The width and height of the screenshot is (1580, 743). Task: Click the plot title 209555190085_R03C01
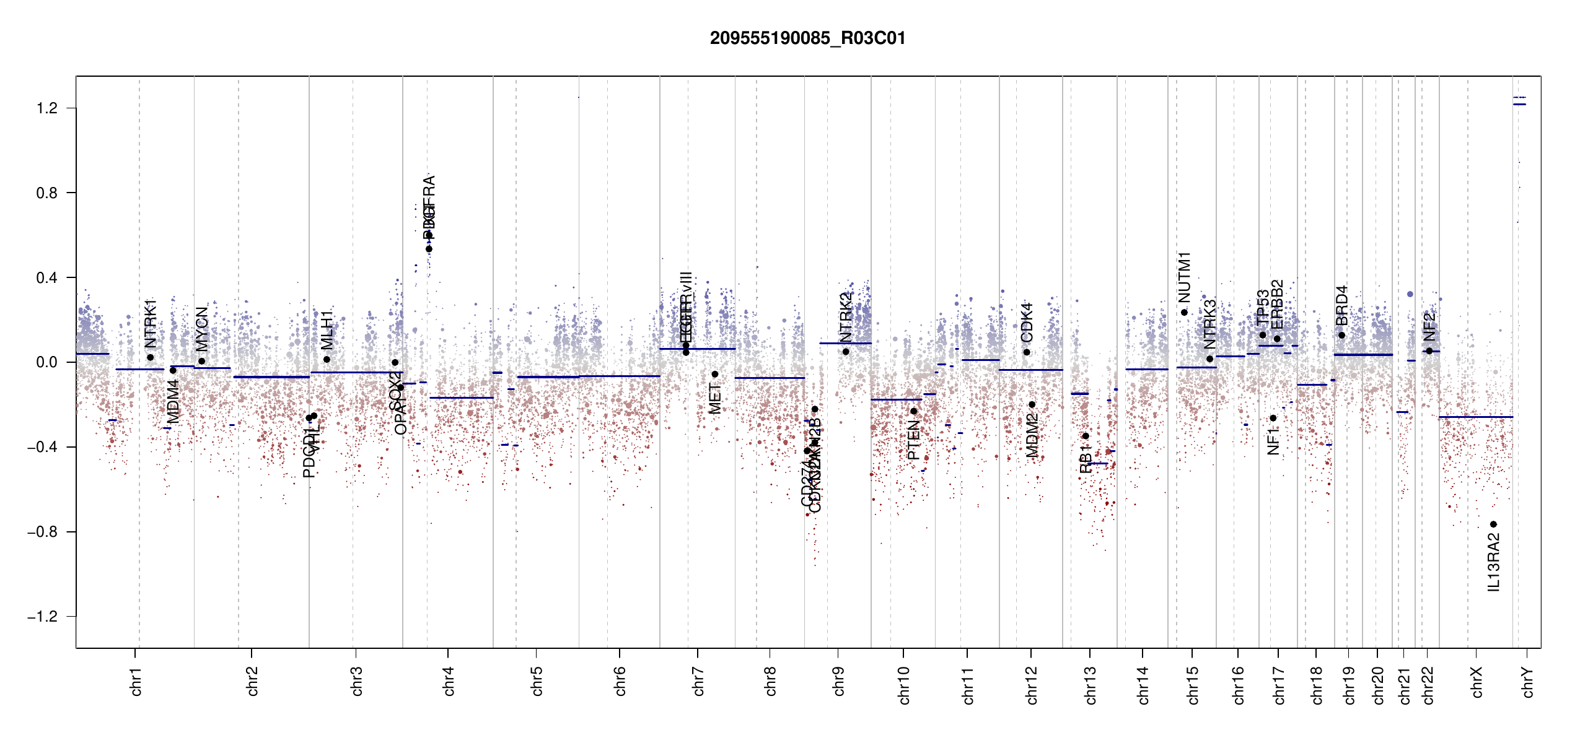coord(807,38)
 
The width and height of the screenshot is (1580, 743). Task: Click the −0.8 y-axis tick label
coord(42,532)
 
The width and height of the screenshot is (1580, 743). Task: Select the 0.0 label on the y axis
coord(46,362)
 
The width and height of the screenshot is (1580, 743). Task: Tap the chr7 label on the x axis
coord(698,681)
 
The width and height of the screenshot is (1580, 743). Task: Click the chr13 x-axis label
coord(1091,685)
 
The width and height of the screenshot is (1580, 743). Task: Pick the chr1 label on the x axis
coord(136,681)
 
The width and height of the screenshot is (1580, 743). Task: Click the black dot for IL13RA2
coord(1493,524)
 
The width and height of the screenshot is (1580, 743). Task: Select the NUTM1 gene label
coord(1185,277)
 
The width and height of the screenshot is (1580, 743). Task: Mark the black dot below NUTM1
coord(1184,313)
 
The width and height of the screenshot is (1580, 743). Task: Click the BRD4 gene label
coord(1341,305)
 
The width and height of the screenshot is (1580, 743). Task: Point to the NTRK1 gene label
coord(151,324)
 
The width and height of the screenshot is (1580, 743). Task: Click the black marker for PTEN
coord(913,411)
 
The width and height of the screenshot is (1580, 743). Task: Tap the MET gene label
coord(715,399)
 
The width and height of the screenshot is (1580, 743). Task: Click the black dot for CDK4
coord(1027,352)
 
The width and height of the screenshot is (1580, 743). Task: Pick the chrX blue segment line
coord(1475,417)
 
